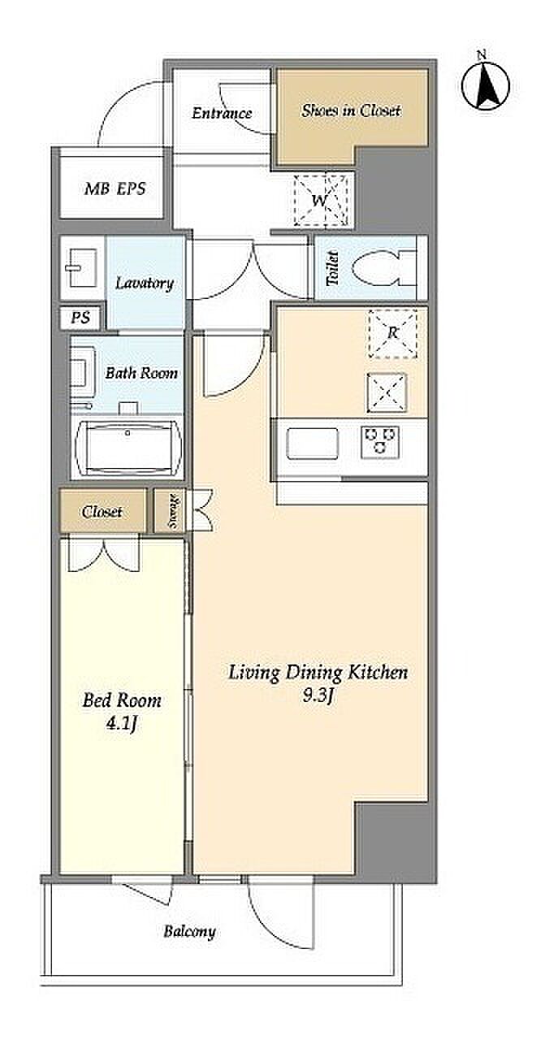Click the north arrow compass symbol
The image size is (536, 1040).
click(x=486, y=85)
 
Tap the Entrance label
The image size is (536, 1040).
click(x=222, y=113)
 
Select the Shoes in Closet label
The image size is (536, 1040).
click(x=351, y=110)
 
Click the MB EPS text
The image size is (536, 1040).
click(x=115, y=188)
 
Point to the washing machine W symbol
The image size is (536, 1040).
click(x=321, y=200)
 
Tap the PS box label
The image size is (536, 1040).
click(x=80, y=318)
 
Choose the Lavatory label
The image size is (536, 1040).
click(x=145, y=283)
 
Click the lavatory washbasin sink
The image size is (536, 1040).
click(x=82, y=268)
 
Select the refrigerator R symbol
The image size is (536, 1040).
click(x=392, y=333)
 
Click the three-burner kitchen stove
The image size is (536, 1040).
click(x=380, y=441)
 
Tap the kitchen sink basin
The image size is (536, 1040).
click(x=313, y=443)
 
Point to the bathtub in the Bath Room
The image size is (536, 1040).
click(x=126, y=448)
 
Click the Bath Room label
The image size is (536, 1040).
click(x=141, y=373)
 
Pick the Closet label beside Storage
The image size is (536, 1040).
click(x=102, y=512)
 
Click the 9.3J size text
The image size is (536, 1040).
click(x=318, y=695)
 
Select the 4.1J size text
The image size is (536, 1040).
click(x=121, y=723)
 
